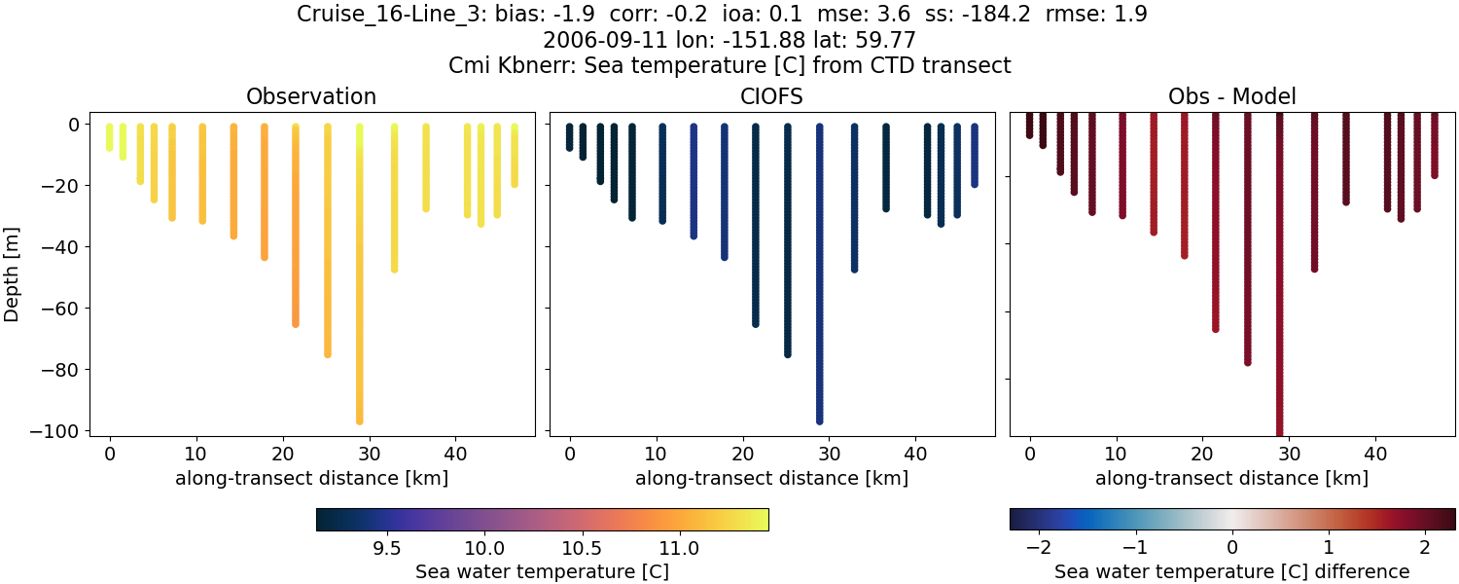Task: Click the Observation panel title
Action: [311, 96]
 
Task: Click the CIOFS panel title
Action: [771, 96]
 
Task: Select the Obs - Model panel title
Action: [1231, 96]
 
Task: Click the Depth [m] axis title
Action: [13, 274]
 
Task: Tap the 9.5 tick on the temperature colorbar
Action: [387, 548]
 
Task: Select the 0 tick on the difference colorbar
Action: [1232, 548]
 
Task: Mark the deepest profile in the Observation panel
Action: [359, 292]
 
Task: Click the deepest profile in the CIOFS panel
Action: [820, 292]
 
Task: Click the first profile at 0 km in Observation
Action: [110, 137]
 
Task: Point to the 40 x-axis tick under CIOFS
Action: [915, 453]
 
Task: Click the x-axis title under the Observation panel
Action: [311, 478]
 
